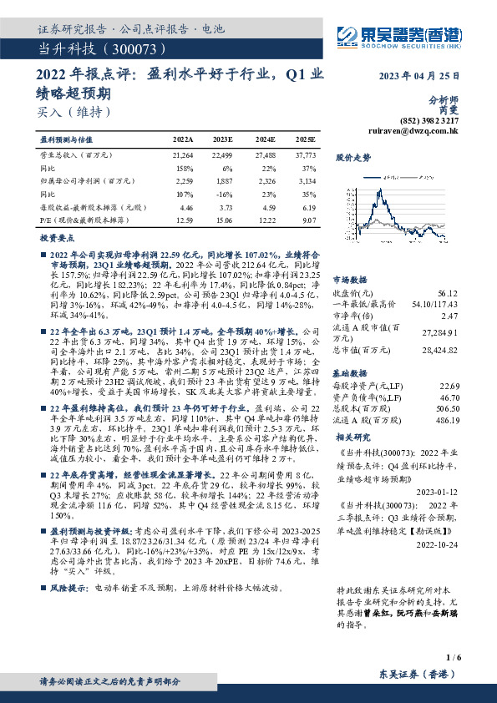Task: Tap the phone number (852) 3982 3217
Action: pos(435,120)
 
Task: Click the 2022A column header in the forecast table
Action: pos(182,140)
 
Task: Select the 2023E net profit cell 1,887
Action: pos(222,180)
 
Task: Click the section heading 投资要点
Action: pos(58,238)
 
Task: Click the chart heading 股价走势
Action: pos(352,158)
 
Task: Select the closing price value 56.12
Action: pos(448,294)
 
